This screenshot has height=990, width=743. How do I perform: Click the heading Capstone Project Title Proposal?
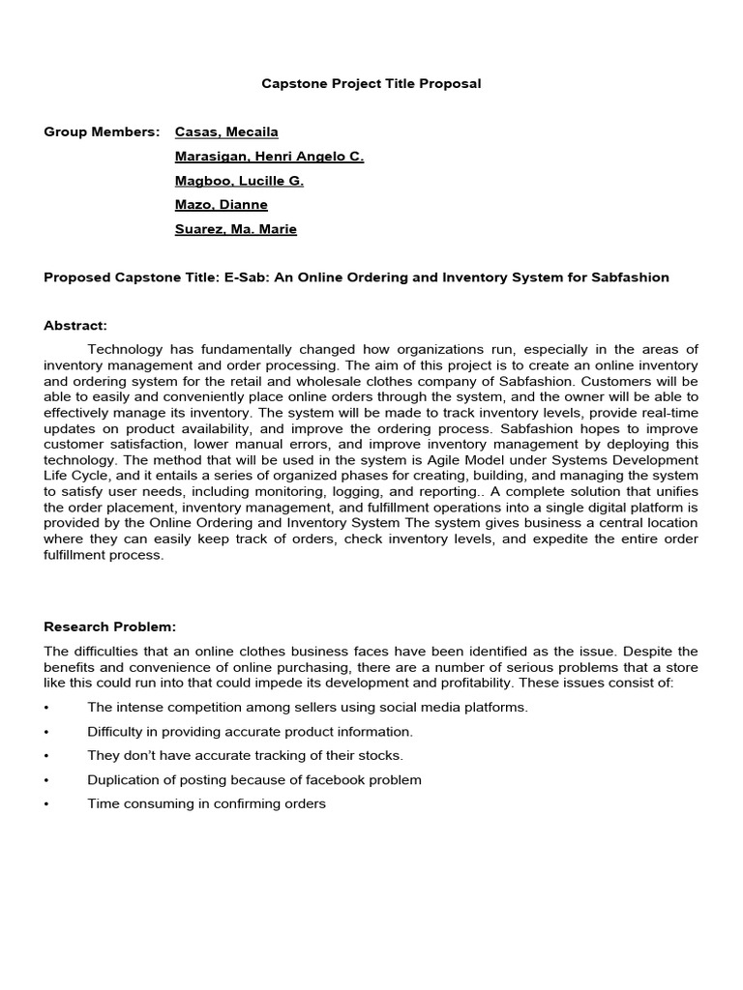coord(371,84)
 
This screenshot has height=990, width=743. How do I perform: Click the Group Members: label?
coord(102,131)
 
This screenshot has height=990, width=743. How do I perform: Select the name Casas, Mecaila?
coord(226,131)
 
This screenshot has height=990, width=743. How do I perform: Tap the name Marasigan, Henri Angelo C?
coord(269,157)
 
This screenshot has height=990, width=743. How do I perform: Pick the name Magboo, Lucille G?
coord(239,181)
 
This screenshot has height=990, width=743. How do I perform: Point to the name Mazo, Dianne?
coord(221,205)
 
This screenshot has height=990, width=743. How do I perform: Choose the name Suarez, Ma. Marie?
coord(235,229)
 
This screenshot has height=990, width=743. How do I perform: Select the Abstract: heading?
coord(75,326)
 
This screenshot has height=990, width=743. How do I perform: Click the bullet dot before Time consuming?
coord(46,804)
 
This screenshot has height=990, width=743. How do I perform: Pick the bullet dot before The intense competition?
coord(46,708)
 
